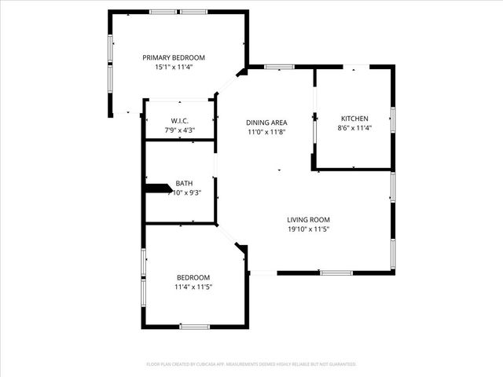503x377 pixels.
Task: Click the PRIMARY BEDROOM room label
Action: tap(174, 57)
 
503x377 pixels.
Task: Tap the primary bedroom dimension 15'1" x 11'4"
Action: tap(174, 68)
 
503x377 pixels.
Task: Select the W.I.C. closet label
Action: tap(179, 120)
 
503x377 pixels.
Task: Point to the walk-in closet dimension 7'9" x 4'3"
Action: tap(179, 130)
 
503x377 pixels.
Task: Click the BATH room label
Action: tap(184, 182)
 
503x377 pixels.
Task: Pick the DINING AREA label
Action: tap(266, 123)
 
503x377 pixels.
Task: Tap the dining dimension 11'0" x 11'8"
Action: tap(266, 133)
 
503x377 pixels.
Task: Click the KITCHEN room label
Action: tap(354, 118)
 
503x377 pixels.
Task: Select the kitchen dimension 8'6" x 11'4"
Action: tap(354, 128)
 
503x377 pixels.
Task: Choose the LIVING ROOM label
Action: tap(307, 220)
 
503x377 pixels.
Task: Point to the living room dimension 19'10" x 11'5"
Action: tap(307, 230)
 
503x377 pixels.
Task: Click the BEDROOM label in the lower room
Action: tap(193, 277)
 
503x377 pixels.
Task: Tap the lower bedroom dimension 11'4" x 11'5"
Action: tap(193, 287)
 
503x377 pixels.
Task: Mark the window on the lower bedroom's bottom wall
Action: tap(194, 327)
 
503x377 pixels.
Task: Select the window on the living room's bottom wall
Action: tap(336, 273)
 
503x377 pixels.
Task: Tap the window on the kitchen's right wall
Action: tap(392, 119)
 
